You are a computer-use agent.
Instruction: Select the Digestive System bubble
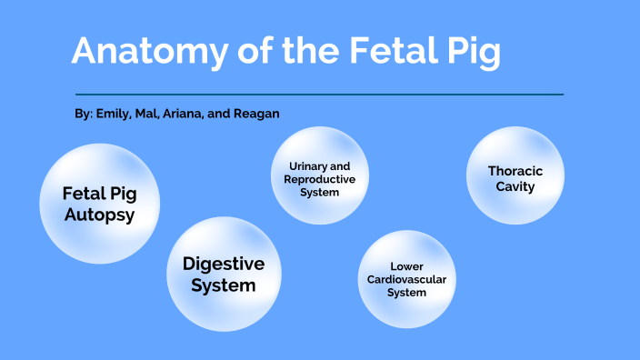223,274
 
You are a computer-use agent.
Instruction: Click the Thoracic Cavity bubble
515,176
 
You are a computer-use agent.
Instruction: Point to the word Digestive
224,264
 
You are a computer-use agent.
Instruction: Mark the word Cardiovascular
406,279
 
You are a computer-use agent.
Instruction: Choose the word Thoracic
515,170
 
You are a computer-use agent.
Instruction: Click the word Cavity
515,186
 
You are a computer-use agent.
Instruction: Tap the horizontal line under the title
319,94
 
